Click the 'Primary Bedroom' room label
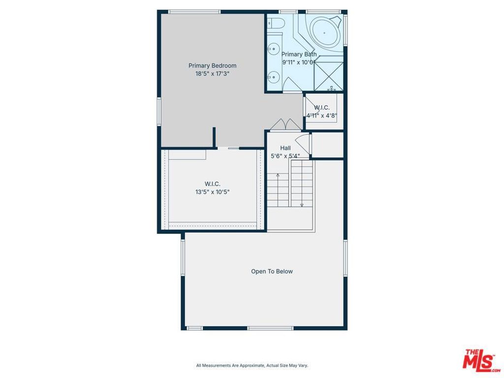click(x=212, y=65)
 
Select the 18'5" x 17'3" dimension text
click(x=212, y=73)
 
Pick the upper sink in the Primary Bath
click(x=274, y=48)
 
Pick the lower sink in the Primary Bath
click(x=274, y=77)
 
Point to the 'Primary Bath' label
click(x=299, y=54)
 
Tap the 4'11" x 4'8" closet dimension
click(x=322, y=116)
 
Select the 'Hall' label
click(x=285, y=148)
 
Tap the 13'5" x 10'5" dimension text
click(x=212, y=192)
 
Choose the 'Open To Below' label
click(x=272, y=271)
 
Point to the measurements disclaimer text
click(x=252, y=365)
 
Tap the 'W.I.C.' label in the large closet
click(x=212, y=184)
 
